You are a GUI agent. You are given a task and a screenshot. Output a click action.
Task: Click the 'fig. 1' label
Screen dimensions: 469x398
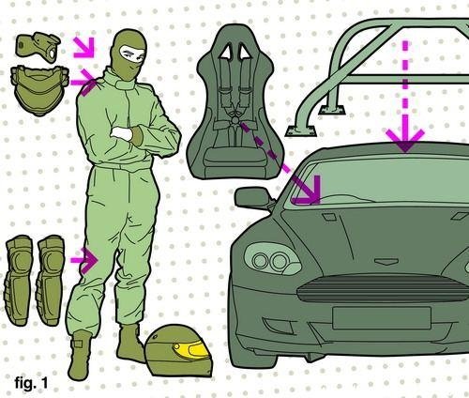[31, 382]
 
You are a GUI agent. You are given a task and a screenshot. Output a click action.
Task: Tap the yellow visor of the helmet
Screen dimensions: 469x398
[191, 349]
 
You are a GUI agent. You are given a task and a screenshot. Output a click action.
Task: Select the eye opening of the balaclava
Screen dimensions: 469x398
[133, 54]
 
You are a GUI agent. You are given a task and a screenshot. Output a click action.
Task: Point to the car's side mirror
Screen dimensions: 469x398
[252, 198]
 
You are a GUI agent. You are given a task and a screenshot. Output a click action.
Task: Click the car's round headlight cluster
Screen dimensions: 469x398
[271, 260]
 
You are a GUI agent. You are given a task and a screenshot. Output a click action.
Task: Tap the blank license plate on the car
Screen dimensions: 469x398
[382, 318]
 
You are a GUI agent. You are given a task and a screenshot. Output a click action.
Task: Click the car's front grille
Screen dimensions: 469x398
[383, 288]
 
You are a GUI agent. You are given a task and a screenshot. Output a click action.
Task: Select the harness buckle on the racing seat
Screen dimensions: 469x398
[234, 121]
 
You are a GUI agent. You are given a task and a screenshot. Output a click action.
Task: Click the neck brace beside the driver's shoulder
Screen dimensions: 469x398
[39, 90]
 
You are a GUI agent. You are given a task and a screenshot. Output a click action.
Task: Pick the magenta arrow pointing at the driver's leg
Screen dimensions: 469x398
[84, 260]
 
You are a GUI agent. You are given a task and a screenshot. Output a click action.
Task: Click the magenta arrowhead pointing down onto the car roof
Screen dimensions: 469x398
[405, 140]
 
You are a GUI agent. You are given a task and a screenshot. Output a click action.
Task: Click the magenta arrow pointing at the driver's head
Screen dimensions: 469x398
[83, 48]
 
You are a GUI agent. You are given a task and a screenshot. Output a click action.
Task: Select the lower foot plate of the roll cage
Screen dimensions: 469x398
[301, 131]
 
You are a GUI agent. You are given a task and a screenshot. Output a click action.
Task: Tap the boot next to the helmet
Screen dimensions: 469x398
[129, 343]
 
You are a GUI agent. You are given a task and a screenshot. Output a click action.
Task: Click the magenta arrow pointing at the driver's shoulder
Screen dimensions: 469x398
[83, 83]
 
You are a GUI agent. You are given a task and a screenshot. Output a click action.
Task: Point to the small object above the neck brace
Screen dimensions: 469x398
[38, 47]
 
